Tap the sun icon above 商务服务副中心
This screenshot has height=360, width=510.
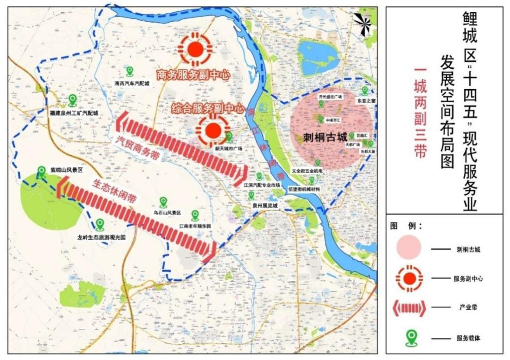pos(195,49)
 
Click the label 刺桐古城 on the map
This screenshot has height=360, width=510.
pos(325,137)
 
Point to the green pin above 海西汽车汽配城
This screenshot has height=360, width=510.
pos(130,71)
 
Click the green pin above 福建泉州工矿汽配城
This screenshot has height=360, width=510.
pos(73,100)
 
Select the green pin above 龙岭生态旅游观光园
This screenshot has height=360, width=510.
pos(100,224)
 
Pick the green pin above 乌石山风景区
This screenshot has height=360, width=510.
pos(163,202)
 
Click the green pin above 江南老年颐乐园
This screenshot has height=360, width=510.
pos(195,215)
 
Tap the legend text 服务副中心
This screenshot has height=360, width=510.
pos(467,278)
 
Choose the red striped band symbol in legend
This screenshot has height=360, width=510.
pos(408,308)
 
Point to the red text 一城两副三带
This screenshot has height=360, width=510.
pos(420,113)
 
